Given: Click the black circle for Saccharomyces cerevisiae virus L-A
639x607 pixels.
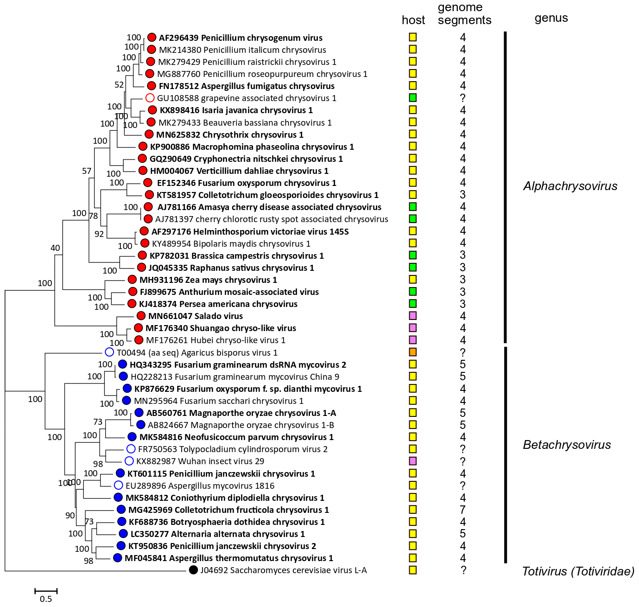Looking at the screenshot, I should pos(194,570).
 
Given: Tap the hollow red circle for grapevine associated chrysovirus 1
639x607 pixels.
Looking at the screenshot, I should pos(150,98).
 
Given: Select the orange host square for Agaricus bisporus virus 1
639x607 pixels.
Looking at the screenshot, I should pos(412,352).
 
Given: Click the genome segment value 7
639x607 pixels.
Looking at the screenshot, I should pos(462,510).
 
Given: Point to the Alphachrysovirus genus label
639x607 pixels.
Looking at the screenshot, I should pos(570,186).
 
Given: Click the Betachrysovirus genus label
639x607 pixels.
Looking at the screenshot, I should pos(567,445).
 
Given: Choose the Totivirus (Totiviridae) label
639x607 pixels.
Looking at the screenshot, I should pos(578,571).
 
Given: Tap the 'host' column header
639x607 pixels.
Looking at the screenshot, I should pos(413,20).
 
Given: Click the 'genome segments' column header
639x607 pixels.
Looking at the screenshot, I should pos(464,14).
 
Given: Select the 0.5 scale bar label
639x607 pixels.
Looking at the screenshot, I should pos(46,599).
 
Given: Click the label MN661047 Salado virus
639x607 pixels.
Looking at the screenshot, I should pos(195,316).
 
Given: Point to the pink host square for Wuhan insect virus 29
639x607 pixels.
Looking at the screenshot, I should pos(412,461).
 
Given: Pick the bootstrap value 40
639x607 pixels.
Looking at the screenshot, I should pos(55,248).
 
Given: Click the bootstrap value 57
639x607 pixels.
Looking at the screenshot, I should pos(87,171).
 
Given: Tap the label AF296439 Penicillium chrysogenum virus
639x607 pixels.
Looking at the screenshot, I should pos(240,38).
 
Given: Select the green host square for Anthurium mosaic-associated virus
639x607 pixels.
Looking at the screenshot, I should pos(412,292).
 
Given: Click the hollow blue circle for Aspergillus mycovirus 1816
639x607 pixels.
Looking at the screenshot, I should pos(118,485).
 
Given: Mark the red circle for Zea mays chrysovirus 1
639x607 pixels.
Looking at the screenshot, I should pos(132,280).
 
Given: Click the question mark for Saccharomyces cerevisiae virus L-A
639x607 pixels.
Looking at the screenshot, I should pos(463,570).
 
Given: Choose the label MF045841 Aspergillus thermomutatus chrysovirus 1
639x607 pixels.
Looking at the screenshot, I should pos(229,558).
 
